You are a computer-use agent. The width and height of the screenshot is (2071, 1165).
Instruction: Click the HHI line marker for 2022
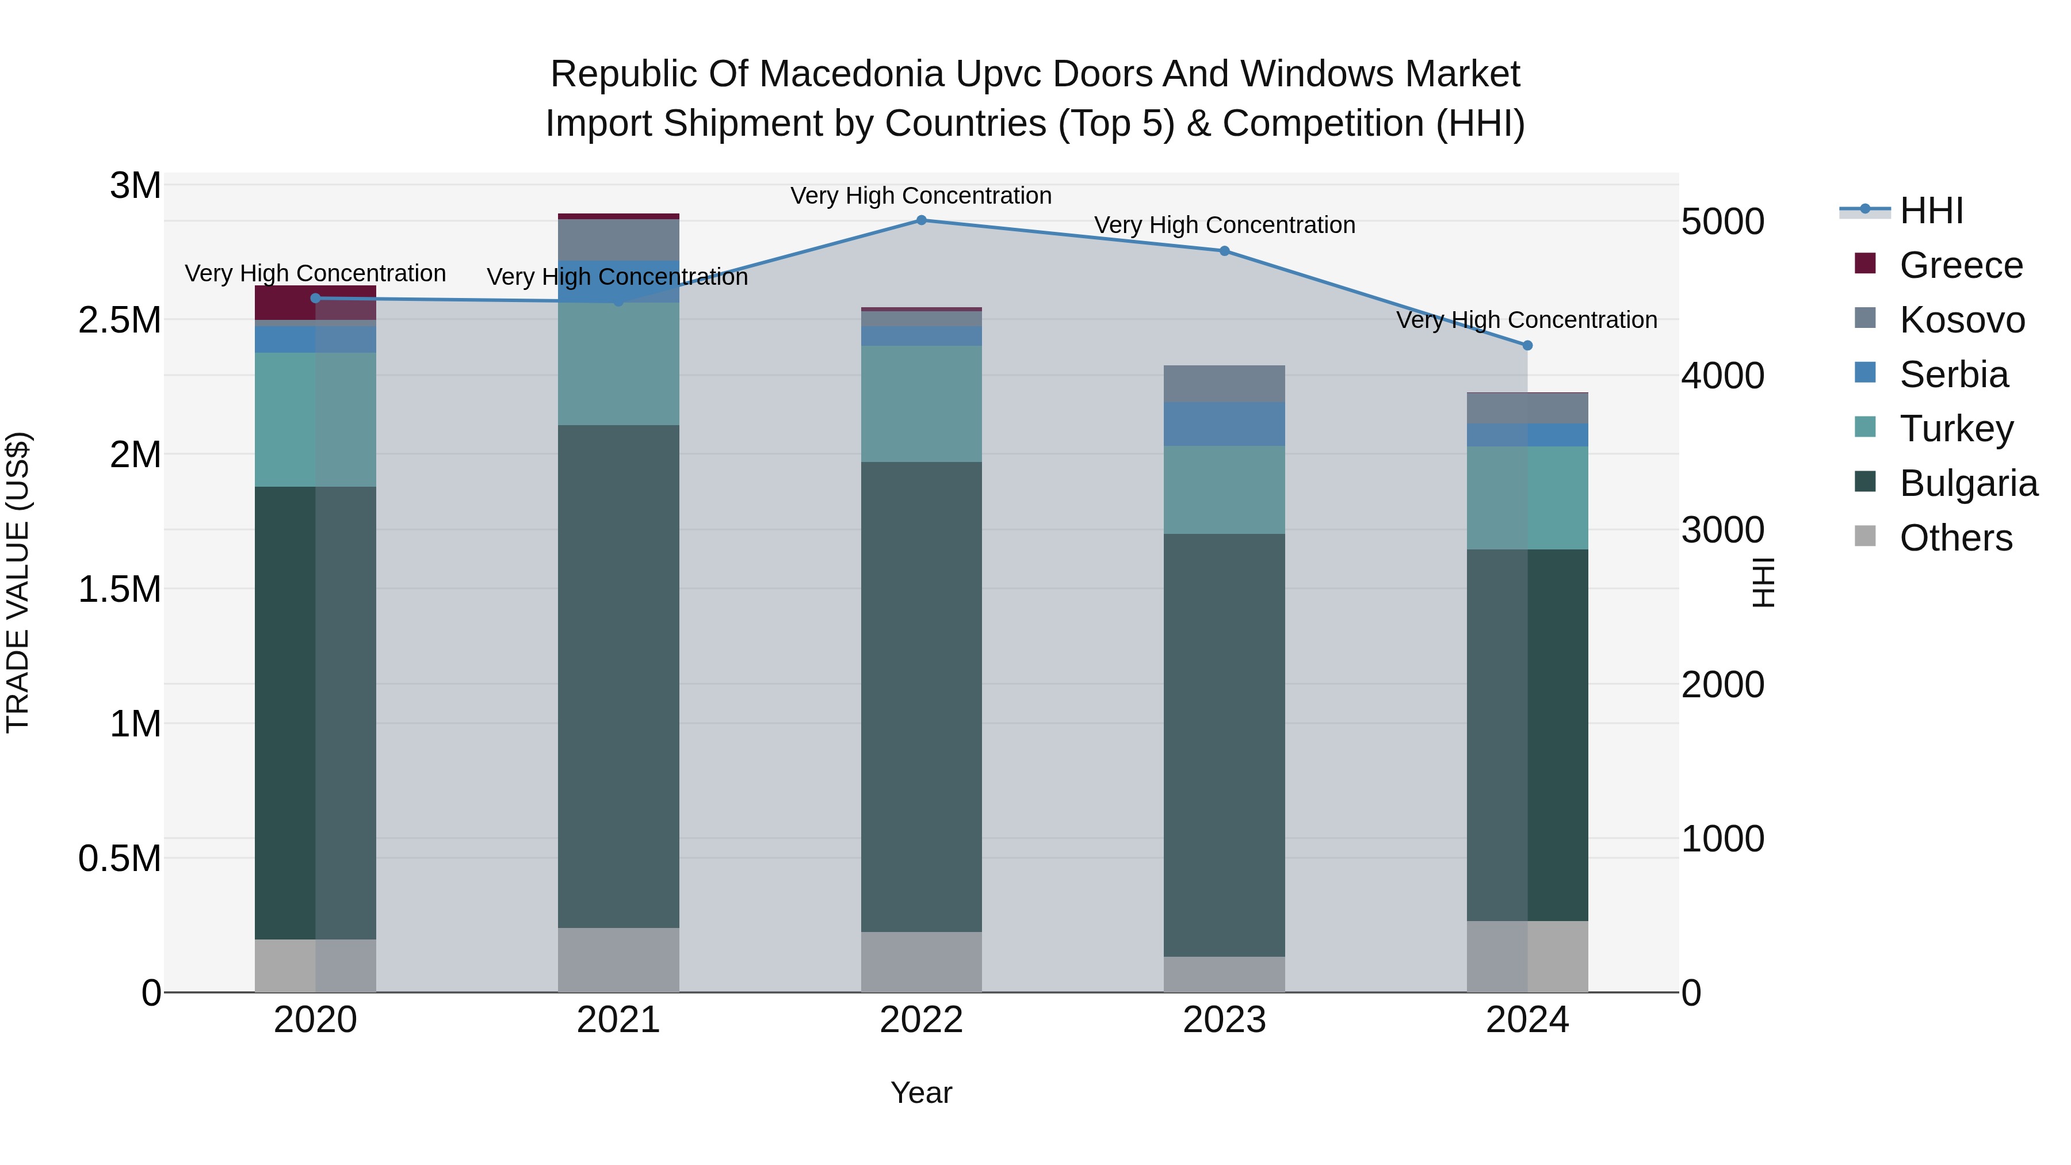click(x=922, y=220)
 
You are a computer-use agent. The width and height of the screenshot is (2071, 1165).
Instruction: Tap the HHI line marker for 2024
click(x=1527, y=345)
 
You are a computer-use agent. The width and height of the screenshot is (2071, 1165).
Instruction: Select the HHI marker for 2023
click(x=1224, y=251)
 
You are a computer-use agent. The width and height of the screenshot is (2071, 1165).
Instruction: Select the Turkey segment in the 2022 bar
click(x=922, y=404)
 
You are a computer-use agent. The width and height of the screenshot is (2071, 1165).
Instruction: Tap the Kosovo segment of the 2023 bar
click(x=1224, y=384)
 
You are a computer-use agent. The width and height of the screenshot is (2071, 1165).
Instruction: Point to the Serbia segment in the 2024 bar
click(x=1527, y=435)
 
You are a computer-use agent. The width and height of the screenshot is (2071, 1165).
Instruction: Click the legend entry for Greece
click(x=1960, y=265)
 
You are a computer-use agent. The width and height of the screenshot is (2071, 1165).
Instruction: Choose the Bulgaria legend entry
click(x=1968, y=483)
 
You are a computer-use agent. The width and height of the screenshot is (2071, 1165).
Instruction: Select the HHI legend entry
click(x=1931, y=211)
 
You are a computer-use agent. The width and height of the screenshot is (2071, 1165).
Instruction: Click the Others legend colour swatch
click(x=1864, y=536)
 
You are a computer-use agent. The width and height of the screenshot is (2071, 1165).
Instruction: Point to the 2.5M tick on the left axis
click(x=119, y=320)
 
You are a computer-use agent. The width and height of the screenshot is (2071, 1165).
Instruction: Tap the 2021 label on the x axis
click(x=618, y=1020)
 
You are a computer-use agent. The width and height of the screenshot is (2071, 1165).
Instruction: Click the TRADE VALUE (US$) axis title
click(x=18, y=582)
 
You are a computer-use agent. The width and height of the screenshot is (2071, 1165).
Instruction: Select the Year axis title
click(x=922, y=1093)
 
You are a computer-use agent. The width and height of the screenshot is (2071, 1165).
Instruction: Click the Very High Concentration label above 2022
click(x=922, y=196)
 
